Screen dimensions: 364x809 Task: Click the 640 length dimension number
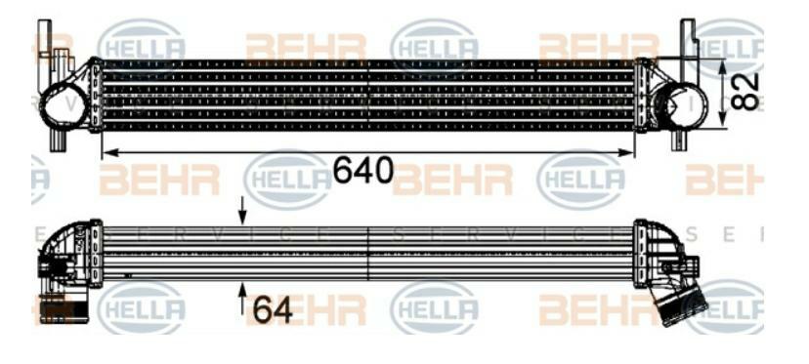coord(363,172)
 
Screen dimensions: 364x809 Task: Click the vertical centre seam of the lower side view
coord(367,256)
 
